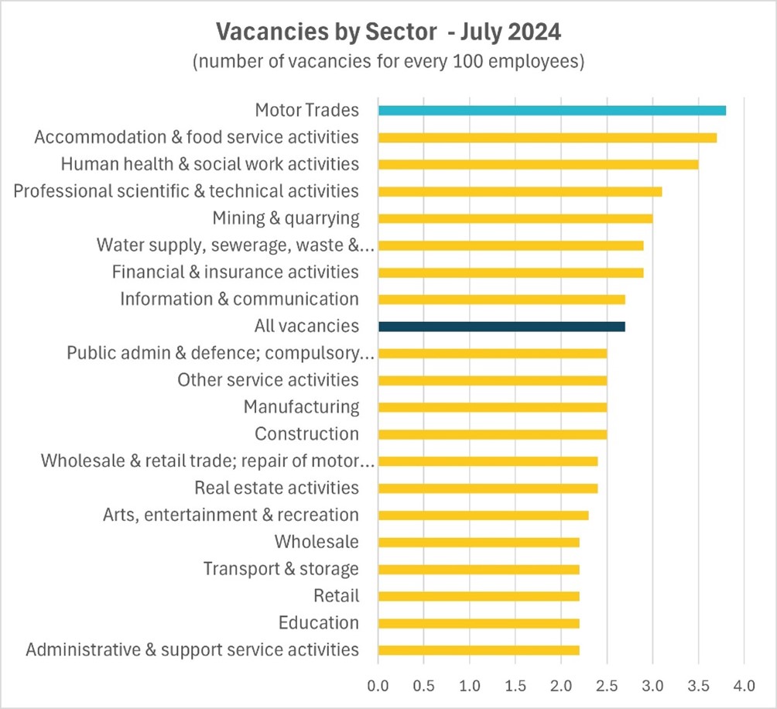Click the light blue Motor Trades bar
551,110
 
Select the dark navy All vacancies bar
501,326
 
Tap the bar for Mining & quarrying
515,218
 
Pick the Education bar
478,623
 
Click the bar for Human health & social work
538,164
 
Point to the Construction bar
492,434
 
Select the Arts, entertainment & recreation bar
483,515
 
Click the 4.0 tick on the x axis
744,685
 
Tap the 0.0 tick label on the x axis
378,685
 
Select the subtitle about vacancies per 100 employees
388,62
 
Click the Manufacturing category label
301,407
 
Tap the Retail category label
336,596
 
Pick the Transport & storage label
281,569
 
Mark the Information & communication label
239,299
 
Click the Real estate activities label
276,488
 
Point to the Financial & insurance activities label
235,272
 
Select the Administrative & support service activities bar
478,650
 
